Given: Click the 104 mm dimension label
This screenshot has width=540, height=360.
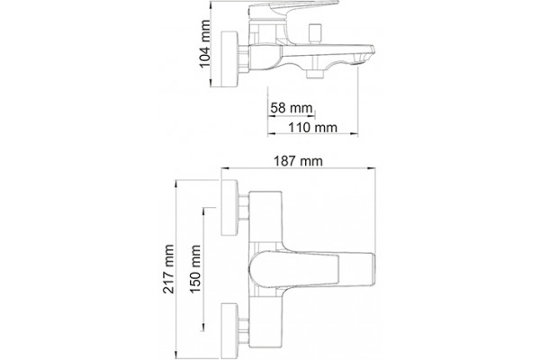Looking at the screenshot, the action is pyautogui.click(x=205, y=44).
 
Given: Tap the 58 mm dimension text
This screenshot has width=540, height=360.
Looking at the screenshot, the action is pyautogui.click(x=292, y=108).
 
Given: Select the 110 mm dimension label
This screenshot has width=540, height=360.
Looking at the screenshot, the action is pyautogui.click(x=312, y=128).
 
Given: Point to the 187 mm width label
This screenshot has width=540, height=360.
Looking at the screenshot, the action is pyautogui.click(x=298, y=161).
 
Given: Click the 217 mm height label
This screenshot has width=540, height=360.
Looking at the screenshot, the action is pyautogui.click(x=168, y=269).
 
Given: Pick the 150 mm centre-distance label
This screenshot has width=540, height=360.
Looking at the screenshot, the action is pyautogui.click(x=195, y=269).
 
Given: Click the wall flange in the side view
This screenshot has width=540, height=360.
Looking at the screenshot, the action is pyautogui.click(x=229, y=59).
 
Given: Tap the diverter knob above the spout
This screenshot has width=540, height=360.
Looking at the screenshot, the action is pyautogui.click(x=315, y=32).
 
